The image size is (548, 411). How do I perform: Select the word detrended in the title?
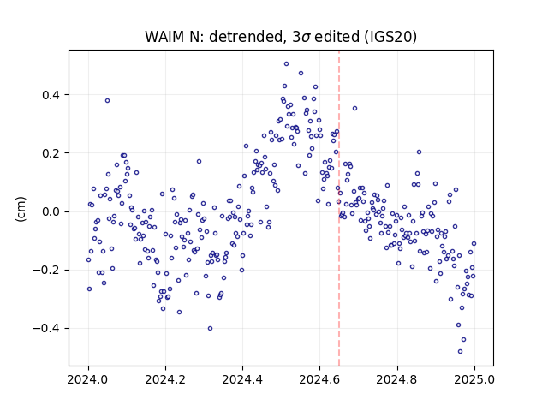pyautogui.click(x=246, y=37)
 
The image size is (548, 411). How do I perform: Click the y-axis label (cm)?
pyautogui.click(x=21, y=209)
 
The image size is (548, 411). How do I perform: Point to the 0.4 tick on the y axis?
pyautogui.click(x=51, y=95)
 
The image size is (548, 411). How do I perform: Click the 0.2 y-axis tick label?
pyautogui.click(x=51, y=153)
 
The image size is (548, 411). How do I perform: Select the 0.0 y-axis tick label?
pyautogui.click(x=51, y=211)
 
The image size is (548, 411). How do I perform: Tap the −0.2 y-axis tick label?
pyautogui.click(x=46, y=271)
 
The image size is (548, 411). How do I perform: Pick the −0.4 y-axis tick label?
pyautogui.click(x=46, y=329)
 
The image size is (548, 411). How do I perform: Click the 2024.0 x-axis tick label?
pyautogui.click(x=87, y=379)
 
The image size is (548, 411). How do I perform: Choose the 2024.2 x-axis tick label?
pyautogui.click(x=165, y=379)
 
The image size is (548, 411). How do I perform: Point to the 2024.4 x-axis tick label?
pyautogui.click(x=242, y=379)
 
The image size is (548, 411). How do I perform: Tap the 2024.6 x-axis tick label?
pyautogui.click(x=319, y=379)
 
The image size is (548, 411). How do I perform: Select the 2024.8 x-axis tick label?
pyautogui.click(x=396, y=379)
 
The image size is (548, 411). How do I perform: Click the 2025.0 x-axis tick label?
pyautogui.click(x=474, y=379)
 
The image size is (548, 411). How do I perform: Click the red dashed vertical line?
pyautogui.click(x=339, y=208)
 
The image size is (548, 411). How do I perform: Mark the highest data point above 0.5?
pyautogui.click(x=286, y=64)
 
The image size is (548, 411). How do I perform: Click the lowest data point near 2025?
pyautogui.click(x=460, y=351)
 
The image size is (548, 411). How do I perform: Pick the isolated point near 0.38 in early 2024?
pyautogui.click(x=107, y=101)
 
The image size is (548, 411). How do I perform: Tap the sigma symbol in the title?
pyautogui.click(x=306, y=38)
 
